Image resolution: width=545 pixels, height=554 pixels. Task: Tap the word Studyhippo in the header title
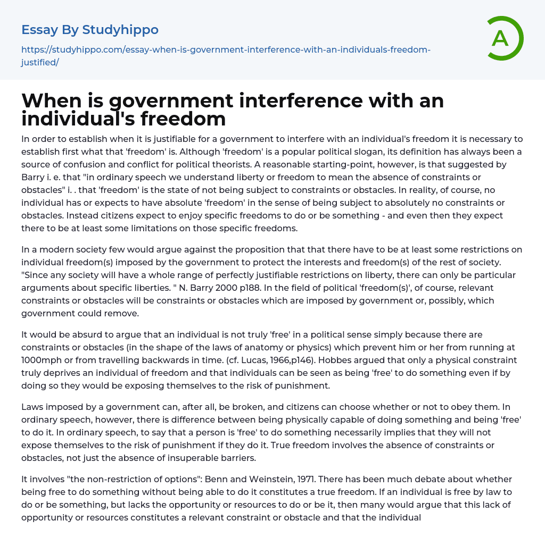tap(120, 30)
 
